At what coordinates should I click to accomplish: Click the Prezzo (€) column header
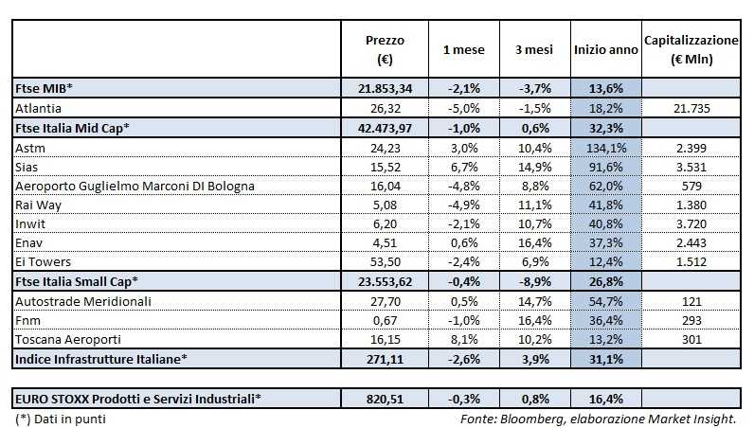(x=385, y=50)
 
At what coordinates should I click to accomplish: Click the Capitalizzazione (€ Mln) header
(x=691, y=50)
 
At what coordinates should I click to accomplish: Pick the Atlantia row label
(x=39, y=108)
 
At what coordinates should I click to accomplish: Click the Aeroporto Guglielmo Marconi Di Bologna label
(x=135, y=186)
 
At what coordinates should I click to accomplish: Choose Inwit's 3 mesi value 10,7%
(x=536, y=224)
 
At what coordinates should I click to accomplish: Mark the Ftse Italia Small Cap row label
(x=77, y=281)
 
